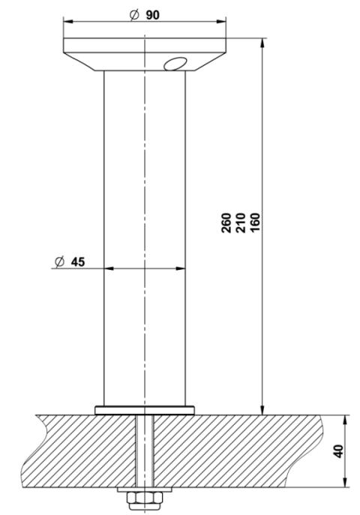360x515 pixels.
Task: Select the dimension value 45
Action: coord(78,262)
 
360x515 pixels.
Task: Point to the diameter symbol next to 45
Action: coord(59,262)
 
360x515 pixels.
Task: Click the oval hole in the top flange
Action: coord(177,63)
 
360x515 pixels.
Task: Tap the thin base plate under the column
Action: coord(143,409)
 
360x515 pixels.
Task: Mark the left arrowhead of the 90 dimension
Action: coord(67,22)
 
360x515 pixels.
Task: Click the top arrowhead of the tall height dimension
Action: coord(262,42)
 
